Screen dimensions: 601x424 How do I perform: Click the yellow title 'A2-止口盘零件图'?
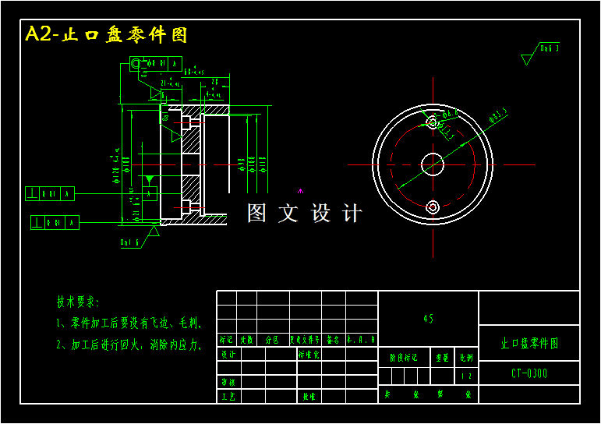[x=107, y=35]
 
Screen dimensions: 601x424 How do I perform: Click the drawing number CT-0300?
[x=529, y=373]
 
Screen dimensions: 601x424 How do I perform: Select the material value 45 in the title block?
[x=428, y=319]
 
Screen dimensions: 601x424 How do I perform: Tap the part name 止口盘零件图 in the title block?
[x=529, y=343]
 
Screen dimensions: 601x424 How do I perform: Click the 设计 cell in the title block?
[x=228, y=354]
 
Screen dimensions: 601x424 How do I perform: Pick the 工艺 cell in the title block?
[x=228, y=397]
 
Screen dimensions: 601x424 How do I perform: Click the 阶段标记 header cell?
[x=404, y=357]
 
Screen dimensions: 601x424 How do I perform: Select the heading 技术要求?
[x=78, y=302]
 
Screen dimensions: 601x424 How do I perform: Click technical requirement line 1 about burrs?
[x=129, y=323]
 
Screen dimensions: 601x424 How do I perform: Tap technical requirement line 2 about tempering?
[x=129, y=344]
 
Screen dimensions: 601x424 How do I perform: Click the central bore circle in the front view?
[x=433, y=164]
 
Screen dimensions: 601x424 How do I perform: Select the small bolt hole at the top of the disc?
[x=433, y=122]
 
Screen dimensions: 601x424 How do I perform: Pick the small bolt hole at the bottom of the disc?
[x=433, y=207]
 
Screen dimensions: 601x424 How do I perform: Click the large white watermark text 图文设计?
[x=305, y=213]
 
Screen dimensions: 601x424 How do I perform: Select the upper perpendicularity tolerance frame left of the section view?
[x=50, y=193]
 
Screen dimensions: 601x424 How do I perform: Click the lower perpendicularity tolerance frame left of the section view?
[x=55, y=223]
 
